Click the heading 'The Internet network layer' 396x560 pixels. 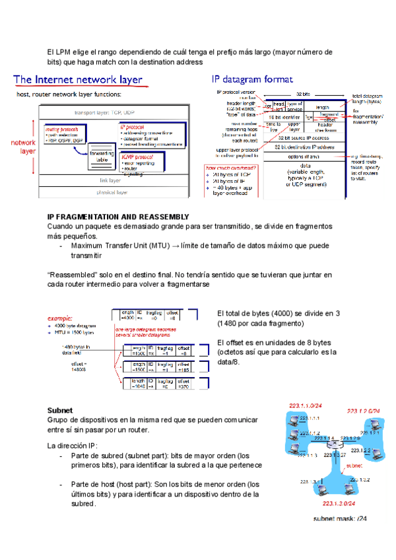pos(78,80)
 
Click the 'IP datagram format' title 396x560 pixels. pos(251,79)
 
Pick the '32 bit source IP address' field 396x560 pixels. pos(303,137)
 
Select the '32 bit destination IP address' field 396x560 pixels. pos(303,147)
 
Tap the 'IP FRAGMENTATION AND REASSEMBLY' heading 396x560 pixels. pos(119,217)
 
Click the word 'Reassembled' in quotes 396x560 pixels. pos(73,273)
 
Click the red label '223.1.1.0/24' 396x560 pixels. pos(304,405)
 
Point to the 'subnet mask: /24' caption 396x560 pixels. pos(340,518)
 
